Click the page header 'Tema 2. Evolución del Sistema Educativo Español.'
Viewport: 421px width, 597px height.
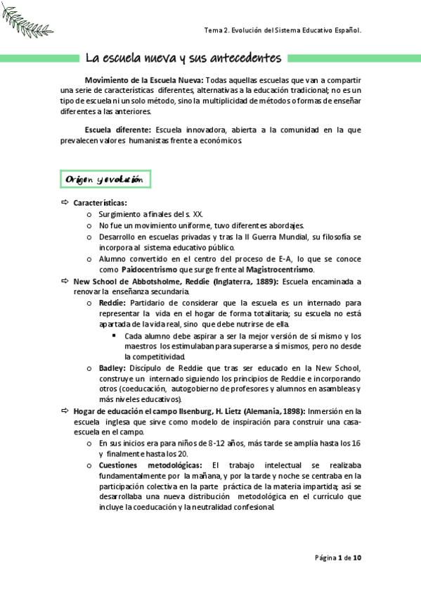tap(282, 31)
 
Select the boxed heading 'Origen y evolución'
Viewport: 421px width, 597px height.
tap(105, 180)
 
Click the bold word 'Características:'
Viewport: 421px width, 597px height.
tap(101, 203)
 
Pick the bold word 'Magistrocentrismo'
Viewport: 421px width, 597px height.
tap(280, 270)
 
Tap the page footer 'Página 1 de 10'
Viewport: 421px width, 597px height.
tap(338, 558)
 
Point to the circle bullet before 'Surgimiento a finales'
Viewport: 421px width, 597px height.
tap(89, 214)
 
